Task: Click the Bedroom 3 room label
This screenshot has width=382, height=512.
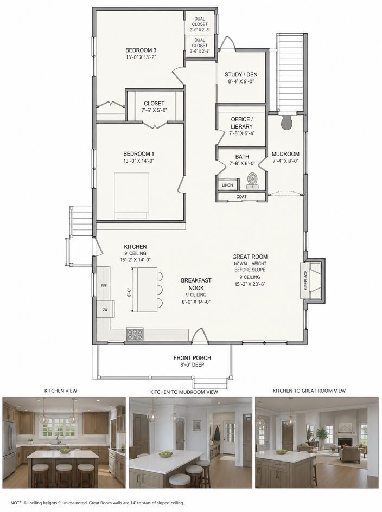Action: point(141,50)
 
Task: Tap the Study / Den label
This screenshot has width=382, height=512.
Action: point(241,74)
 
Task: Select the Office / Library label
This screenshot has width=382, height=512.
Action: point(241,123)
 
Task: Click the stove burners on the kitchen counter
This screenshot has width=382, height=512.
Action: point(135,334)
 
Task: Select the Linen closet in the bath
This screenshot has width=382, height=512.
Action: point(227,185)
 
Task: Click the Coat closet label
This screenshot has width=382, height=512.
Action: point(241,196)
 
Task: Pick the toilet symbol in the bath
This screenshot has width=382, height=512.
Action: point(252,181)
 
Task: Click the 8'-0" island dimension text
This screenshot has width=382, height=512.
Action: point(129,292)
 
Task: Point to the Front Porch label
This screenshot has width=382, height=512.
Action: point(192,358)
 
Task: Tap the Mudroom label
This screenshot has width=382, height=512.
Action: point(285,154)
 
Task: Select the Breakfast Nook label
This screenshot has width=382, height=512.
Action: point(196,284)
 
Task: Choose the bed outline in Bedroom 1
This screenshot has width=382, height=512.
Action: point(131,196)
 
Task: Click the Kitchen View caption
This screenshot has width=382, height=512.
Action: point(61,391)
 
